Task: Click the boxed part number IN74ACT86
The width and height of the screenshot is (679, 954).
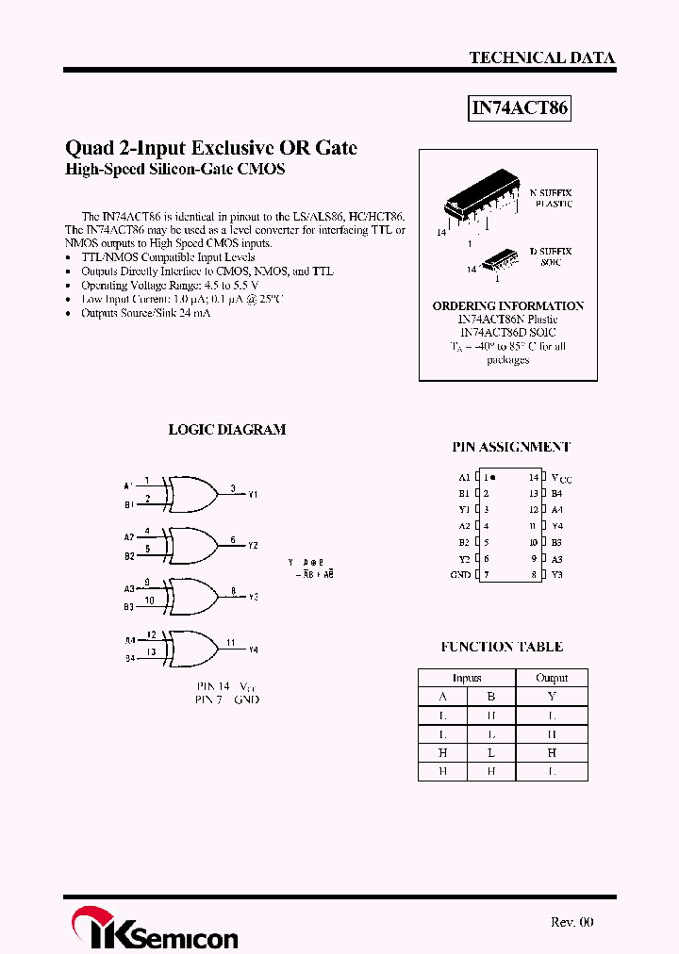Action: (520, 108)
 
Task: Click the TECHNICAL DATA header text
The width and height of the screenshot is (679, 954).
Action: (541, 58)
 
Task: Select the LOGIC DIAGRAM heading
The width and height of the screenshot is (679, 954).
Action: (226, 429)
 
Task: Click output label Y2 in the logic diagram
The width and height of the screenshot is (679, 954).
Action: (253, 546)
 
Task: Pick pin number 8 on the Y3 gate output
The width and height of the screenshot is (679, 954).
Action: (233, 591)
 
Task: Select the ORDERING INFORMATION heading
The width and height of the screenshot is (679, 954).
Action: (507, 306)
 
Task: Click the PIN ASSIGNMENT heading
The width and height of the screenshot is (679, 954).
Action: (511, 447)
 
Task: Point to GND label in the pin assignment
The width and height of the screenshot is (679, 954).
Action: (460, 574)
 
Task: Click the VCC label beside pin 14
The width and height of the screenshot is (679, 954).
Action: (560, 478)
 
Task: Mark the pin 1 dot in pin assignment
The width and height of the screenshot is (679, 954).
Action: (493, 477)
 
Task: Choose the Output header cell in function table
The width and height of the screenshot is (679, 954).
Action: (552, 678)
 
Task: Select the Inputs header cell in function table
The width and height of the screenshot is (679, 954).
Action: (467, 678)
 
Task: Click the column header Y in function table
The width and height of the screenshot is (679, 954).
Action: (552, 697)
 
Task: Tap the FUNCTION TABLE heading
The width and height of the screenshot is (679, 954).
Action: (502, 647)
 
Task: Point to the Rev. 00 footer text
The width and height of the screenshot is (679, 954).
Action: (571, 922)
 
